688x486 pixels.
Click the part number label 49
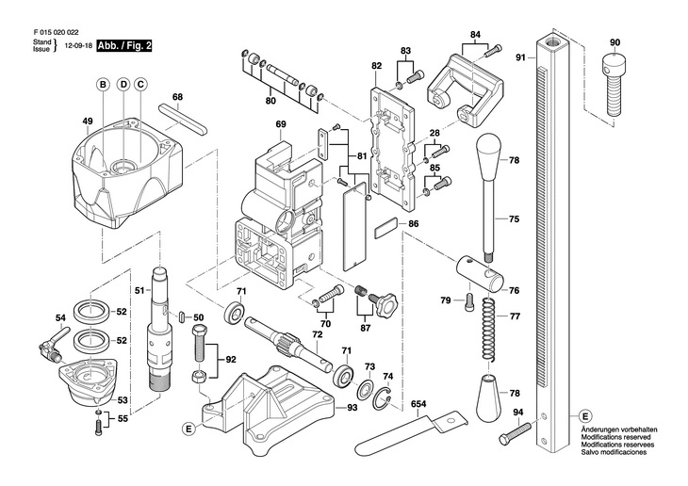pos(88,121)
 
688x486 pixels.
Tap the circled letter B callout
pos(103,85)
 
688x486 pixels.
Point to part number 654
pos(418,404)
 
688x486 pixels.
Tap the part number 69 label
pos(281,125)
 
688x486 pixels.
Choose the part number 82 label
pos(376,66)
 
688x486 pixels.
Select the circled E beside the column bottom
pos(585,415)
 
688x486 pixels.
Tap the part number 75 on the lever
pos(514,219)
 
